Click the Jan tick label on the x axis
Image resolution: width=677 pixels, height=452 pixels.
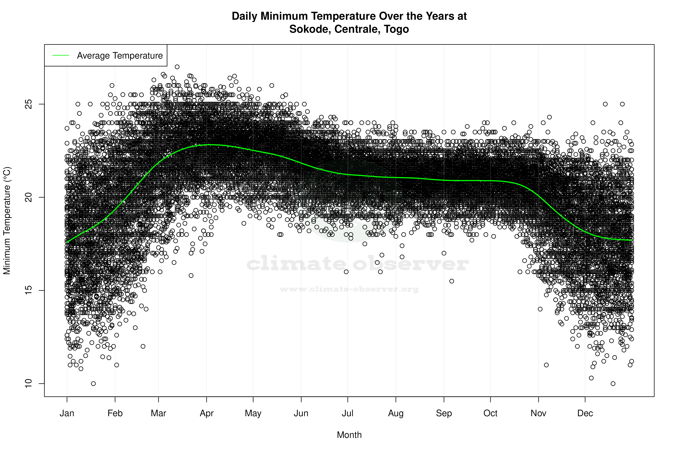[x=67, y=413]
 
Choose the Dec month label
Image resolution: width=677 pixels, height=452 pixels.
[x=585, y=413]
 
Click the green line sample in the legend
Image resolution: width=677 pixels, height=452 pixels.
[x=61, y=55]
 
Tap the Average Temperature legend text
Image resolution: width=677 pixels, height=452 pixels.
[x=120, y=55]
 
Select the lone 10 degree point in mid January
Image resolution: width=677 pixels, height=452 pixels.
[x=93, y=383]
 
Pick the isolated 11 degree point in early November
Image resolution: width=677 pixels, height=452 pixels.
[x=546, y=365]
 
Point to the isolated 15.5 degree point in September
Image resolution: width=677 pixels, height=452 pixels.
[x=452, y=281]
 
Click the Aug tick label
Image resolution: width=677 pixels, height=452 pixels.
[x=396, y=413]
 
